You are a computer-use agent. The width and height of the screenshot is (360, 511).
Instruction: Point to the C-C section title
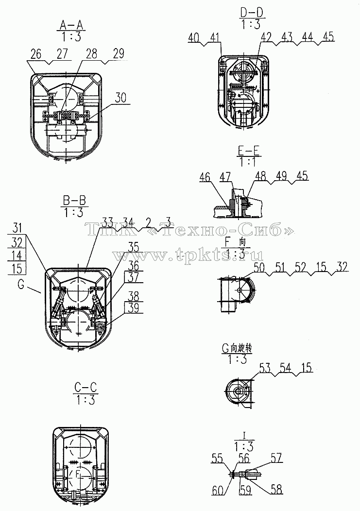click(x=86, y=388)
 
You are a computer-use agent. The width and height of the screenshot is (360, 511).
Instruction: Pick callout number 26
click(x=36, y=54)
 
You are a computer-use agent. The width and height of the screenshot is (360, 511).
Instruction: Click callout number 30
click(x=120, y=98)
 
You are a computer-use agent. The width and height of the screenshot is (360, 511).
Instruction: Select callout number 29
click(x=119, y=54)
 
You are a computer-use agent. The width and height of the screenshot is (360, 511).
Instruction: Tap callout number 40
click(x=194, y=37)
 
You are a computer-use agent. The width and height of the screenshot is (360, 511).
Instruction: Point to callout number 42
click(x=266, y=37)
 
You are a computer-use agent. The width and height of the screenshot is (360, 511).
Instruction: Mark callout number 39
click(x=134, y=307)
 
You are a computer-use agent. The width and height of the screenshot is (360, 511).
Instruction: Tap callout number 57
click(x=276, y=458)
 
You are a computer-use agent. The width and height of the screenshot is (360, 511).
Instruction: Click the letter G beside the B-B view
click(x=21, y=285)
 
